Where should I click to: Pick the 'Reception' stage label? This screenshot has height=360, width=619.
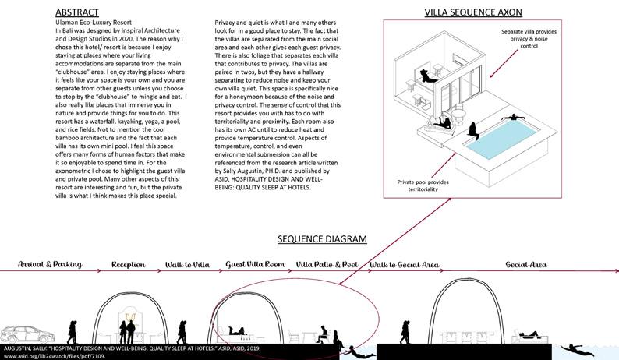pyautogui.click(x=129, y=264)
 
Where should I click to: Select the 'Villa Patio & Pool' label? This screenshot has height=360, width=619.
pyautogui.click(x=327, y=264)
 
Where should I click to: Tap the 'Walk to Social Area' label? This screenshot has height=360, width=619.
pyautogui.click(x=404, y=264)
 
